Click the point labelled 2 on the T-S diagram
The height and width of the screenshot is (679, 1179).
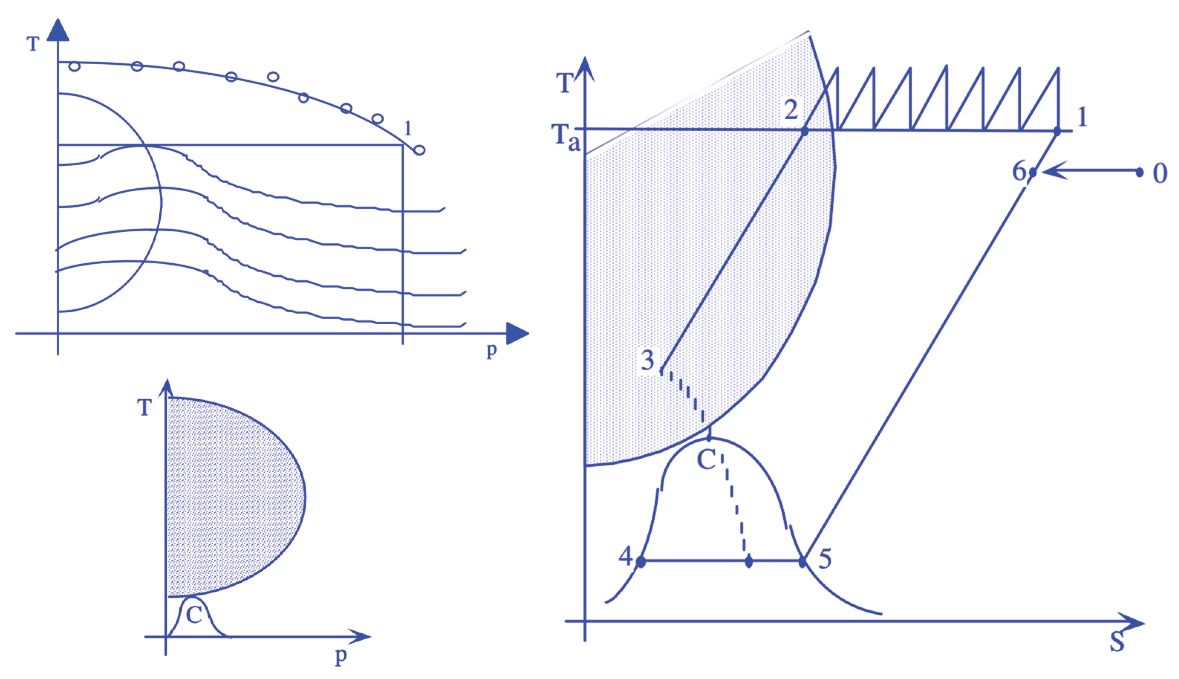point(804,131)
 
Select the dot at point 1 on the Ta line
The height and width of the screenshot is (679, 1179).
point(1057,131)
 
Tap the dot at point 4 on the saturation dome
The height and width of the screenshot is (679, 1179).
point(641,562)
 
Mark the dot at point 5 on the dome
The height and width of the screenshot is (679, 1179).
point(802,562)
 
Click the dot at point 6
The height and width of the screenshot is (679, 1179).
point(1033,173)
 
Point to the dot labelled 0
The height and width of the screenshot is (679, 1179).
point(1139,173)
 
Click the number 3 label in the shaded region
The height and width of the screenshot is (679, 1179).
point(648,360)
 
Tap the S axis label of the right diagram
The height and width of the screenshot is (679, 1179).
point(1117,642)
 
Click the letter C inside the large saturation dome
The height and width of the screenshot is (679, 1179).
point(706,460)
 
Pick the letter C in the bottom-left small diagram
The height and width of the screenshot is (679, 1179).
point(193,615)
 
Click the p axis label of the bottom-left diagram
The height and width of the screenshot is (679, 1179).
point(341,656)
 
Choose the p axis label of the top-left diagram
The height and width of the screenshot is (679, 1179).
point(491,350)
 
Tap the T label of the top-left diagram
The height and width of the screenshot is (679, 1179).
point(33,44)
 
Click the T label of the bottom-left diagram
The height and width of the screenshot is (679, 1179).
point(144,407)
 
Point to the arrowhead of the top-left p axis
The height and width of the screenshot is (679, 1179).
point(518,334)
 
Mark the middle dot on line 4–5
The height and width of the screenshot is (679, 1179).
point(749,562)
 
